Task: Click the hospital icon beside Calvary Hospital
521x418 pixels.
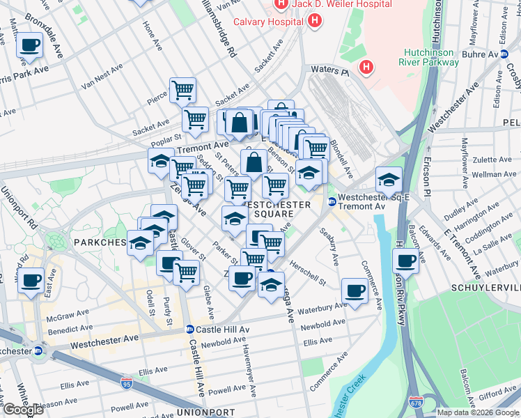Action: [x=315, y=20]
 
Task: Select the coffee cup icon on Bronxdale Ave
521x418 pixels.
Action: [x=30, y=46]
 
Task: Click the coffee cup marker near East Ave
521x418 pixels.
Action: [x=30, y=281]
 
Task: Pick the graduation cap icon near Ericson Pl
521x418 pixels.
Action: [x=389, y=180]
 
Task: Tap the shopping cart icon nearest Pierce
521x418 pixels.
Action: [x=182, y=90]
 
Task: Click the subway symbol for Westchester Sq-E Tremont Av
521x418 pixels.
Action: [x=332, y=202]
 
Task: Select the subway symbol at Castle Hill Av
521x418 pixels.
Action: [x=189, y=329]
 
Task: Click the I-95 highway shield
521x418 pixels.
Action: [x=126, y=383]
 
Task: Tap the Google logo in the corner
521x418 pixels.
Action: [x=24, y=410]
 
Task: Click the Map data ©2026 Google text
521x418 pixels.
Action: [x=477, y=412]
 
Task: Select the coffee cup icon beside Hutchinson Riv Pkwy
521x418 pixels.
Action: [x=405, y=262]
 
